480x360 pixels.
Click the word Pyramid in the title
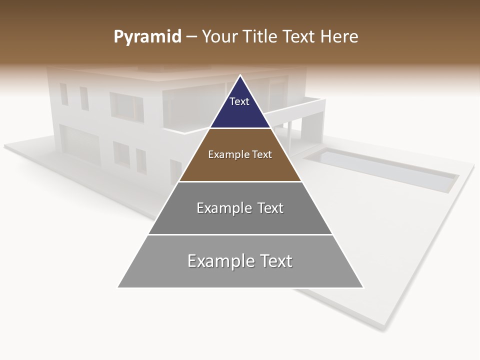coord(147,37)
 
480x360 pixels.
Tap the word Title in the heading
coord(261,36)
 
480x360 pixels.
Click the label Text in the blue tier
coord(239,101)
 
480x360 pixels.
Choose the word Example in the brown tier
coord(228,154)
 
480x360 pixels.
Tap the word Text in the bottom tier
coord(273,261)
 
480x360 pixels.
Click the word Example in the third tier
coord(218,208)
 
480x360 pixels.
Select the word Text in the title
coord(299,36)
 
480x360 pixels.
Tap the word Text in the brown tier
coord(262,154)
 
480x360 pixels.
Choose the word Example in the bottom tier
coord(220,261)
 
